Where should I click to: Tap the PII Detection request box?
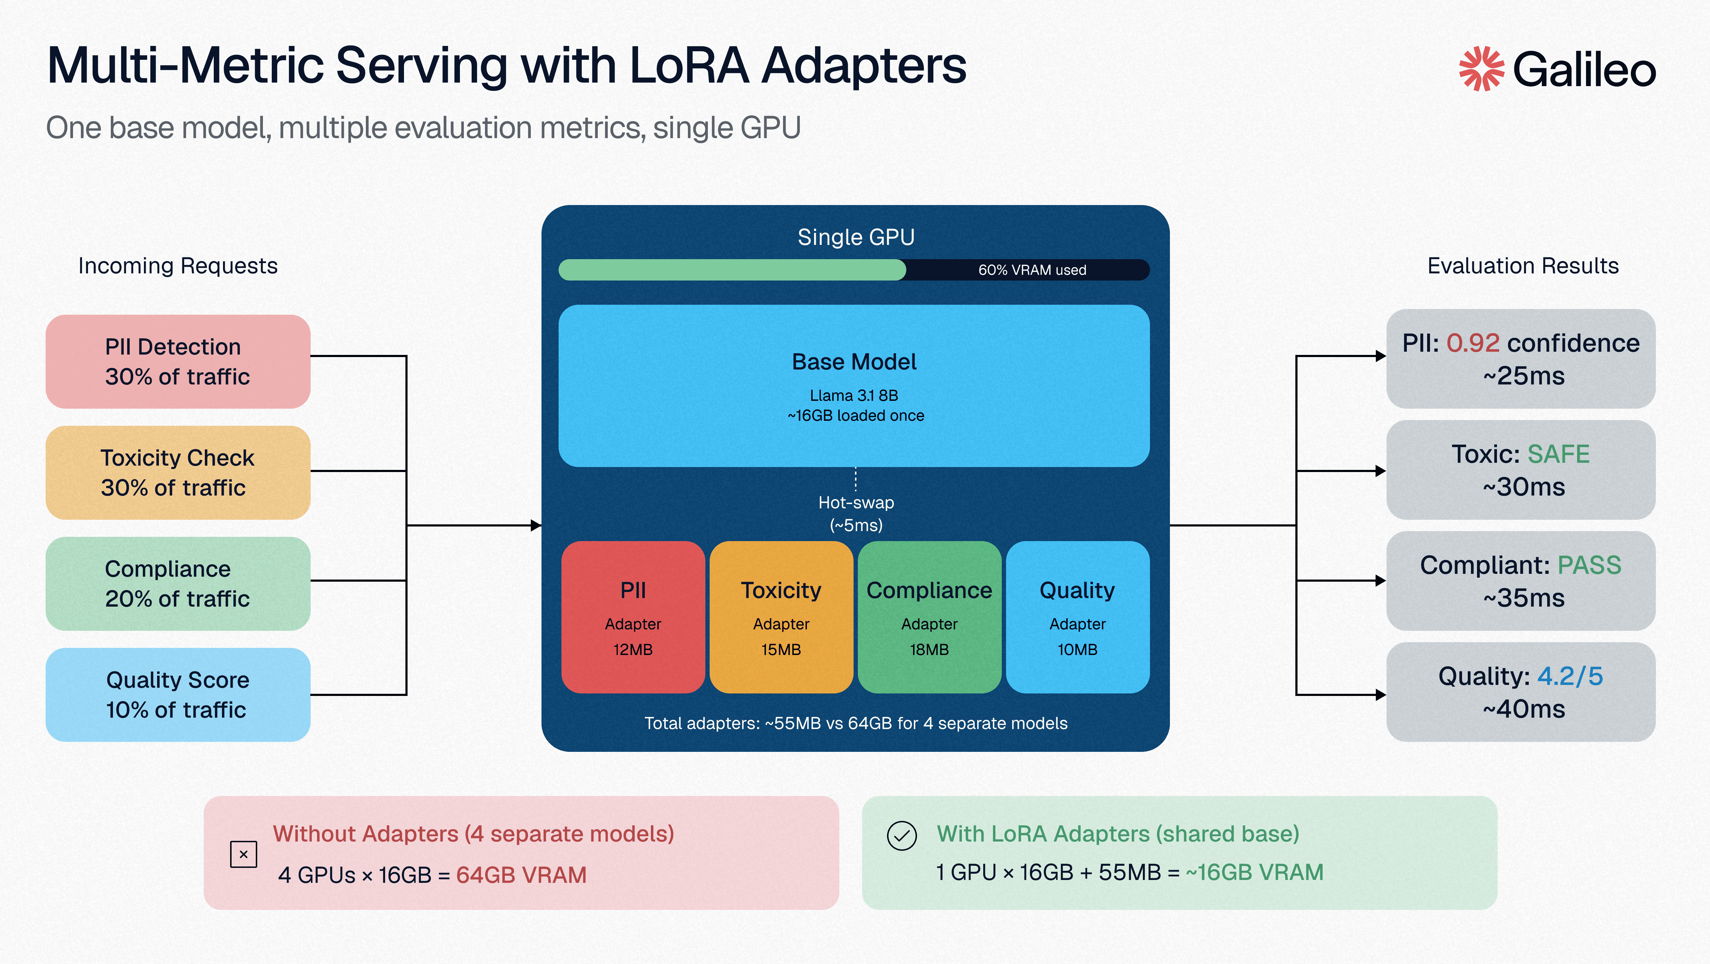[x=178, y=362]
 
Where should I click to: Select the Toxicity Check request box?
[x=178, y=472]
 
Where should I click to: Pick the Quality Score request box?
[x=178, y=695]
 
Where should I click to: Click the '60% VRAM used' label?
[x=1032, y=270]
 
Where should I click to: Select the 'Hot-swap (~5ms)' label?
[x=856, y=514]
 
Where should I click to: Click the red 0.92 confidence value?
[x=1472, y=343]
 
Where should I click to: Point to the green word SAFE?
[x=1558, y=455]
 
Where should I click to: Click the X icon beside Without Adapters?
[x=244, y=854]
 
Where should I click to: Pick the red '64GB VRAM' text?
[x=521, y=875]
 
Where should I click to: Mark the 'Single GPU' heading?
[x=856, y=237]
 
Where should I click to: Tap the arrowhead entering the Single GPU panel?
[x=537, y=525]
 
